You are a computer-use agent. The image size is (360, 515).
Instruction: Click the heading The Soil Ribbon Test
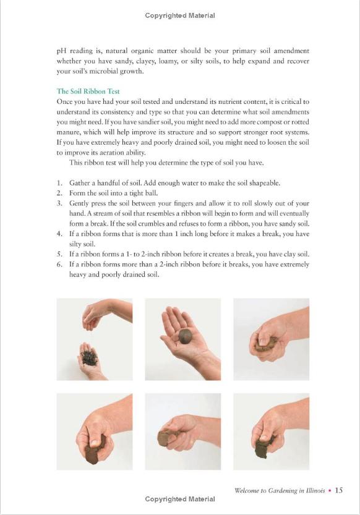(x=88, y=92)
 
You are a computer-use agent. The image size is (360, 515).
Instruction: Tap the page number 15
(x=338, y=490)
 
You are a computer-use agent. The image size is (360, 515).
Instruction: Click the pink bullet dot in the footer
(x=330, y=491)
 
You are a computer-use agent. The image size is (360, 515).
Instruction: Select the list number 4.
(x=59, y=234)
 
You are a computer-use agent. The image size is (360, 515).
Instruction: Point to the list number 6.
(x=59, y=265)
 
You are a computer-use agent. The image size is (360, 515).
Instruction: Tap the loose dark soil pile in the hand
(x=88, y=357)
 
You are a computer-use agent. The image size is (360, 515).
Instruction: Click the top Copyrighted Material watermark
(x=180, y=15)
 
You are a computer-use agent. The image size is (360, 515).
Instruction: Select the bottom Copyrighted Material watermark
(x=180, y=499)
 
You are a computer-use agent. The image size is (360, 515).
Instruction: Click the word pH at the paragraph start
(x=61, y=51)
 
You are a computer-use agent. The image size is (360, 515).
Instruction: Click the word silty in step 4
(x=76, y=244)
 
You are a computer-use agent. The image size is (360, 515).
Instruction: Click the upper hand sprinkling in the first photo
(x=107, y=313)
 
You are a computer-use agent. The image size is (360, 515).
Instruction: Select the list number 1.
(x=59, y=183)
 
